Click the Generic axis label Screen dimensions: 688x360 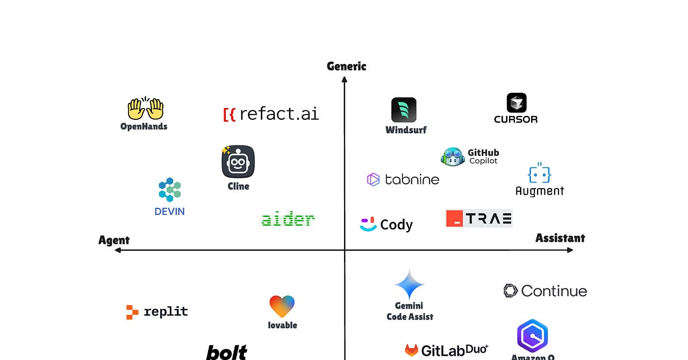pos(346,66)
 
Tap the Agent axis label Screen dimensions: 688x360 pos(114,240)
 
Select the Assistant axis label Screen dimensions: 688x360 pos(560,237)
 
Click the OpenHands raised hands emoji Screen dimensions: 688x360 pos(145,109)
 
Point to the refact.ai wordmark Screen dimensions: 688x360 pos(271,113)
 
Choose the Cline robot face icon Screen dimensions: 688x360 pos(238,162)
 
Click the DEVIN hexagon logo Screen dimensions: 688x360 pos(170,190)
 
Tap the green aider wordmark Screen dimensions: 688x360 pos(288,219)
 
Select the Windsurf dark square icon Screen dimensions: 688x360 pos(404,110)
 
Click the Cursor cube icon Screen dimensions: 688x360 pos(517,103)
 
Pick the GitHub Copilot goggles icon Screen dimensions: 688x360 pos(452,157)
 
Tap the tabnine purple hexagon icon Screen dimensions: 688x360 pos(373,179)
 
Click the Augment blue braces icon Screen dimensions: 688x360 pos(540,174)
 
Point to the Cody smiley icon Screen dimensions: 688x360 pos(368,224)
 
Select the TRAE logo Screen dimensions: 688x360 pos(479,218)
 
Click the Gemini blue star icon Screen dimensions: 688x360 pos(410,284)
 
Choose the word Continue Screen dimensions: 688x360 pos(554,291)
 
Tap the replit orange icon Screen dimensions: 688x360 pos(132,312)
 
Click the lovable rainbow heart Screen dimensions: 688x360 pos(282,306)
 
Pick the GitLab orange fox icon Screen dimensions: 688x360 pos(412,350)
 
